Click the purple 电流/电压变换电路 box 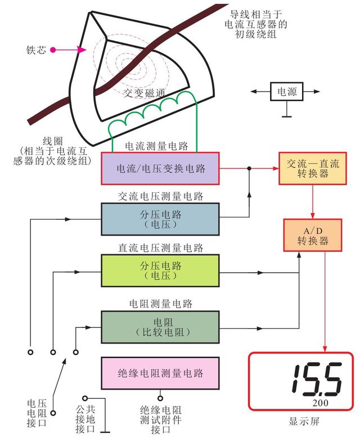[160, 168]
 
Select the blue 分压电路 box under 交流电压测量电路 [160, 219]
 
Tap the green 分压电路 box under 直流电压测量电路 [160, 270]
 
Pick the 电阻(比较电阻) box [160, 326]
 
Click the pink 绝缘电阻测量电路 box [160, 373]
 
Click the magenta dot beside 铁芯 [53, 49]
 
